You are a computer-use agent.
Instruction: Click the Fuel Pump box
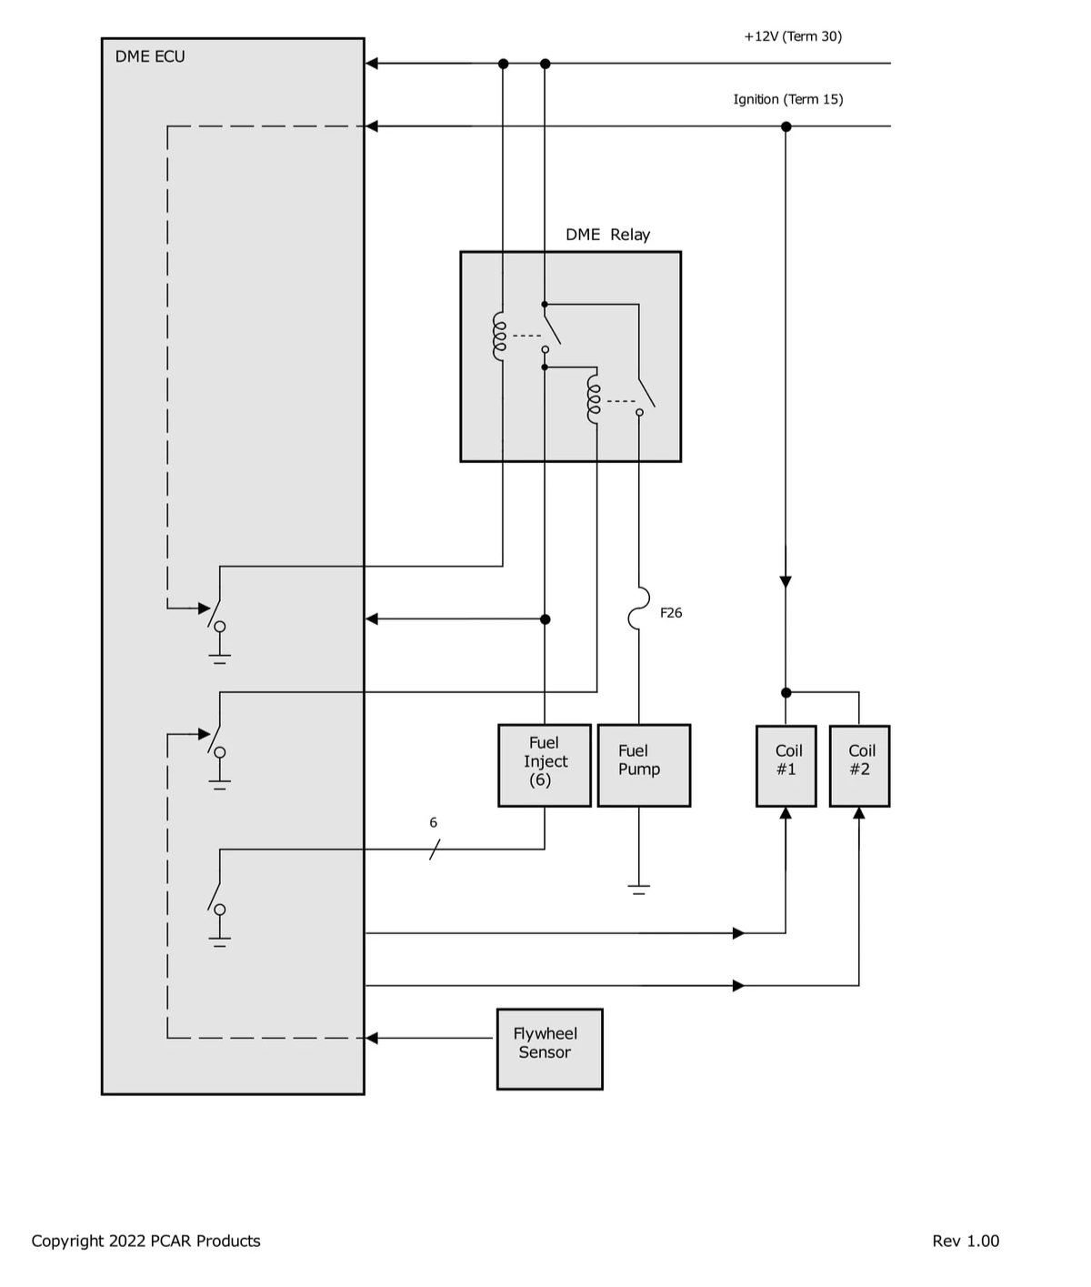tap(644, 765)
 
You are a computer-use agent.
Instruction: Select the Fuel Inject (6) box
tap(545, 765)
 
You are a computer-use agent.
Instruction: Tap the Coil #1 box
tap(786, 765)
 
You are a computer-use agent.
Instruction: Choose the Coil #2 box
tap(859, 765)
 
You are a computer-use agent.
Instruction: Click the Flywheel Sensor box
tap(549, 1048)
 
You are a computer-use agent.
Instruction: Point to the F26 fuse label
tap(671, 613)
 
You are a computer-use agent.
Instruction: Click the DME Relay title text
tap(607, 235)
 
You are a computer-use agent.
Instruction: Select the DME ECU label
tap(150, 56)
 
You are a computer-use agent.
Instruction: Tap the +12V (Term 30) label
tap(793, 36)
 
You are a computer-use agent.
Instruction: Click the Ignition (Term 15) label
tap(788, 99)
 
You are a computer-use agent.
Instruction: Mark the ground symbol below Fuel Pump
tap(639, 888)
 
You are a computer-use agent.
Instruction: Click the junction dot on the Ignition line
tap(786, 126)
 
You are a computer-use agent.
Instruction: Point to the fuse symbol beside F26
tap(639, 608)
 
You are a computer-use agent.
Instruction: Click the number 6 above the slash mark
tap(434, 822)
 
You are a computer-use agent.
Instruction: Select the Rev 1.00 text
tap(966, 1241)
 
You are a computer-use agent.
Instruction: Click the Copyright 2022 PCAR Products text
tap(146, 1241)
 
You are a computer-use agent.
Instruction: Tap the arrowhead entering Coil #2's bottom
tap(859, 813)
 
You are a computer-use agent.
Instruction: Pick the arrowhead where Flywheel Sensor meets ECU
tap(372, 1038)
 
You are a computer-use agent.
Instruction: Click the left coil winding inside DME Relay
tap(499, 337)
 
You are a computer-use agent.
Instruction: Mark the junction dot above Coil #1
tap(786, 693)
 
